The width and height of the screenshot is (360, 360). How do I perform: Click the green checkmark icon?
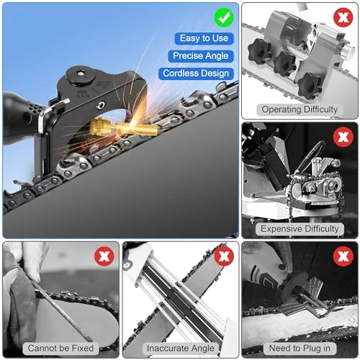pos(224,17)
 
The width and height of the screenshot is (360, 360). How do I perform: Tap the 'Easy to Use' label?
pos(204,38)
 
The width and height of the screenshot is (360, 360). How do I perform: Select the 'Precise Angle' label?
pos(201,56)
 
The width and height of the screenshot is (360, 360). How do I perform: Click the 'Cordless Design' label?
pos(196,73)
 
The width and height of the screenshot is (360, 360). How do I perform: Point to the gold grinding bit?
pos(125,127)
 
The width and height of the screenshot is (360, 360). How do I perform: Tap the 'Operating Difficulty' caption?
pos(300,109)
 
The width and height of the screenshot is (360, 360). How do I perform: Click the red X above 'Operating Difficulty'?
pos(343,17)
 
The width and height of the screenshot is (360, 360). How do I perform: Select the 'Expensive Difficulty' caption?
pos(300,229)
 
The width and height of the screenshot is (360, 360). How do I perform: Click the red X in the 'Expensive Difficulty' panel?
pos(343,137)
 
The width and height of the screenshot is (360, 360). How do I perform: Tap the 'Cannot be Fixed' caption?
pos(60,348)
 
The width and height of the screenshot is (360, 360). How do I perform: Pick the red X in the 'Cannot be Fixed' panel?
pos(104,256)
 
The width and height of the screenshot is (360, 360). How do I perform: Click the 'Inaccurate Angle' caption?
pos(181,348)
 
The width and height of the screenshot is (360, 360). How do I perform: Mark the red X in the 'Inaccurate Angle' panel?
pos(224,256)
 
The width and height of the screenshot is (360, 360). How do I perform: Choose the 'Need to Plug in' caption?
pos(300,348)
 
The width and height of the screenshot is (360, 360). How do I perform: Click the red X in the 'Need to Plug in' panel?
pos(343,256)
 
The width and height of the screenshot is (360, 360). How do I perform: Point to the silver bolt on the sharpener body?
pos(101,105)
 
